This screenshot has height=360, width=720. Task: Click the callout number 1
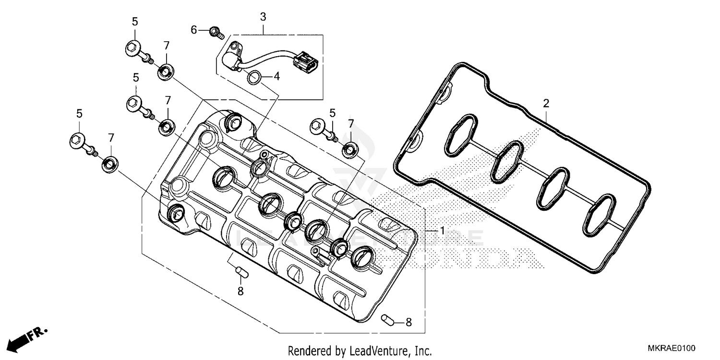tap(442, 231)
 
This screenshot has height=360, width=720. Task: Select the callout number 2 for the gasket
tap(546, 103)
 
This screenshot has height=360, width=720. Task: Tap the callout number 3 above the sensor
tap(263, 17)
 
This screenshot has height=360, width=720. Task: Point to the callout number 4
tap(276, 76)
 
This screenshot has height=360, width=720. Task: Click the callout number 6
tap(194, 30)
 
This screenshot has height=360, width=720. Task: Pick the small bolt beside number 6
tap(216, 33)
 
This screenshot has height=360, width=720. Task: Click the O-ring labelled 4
tap(255, 76)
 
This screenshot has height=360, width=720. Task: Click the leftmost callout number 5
tap(79, 114)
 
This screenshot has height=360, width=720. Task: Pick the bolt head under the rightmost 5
tap(318, 126)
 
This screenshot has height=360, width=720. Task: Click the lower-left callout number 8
tap(240, 291)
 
